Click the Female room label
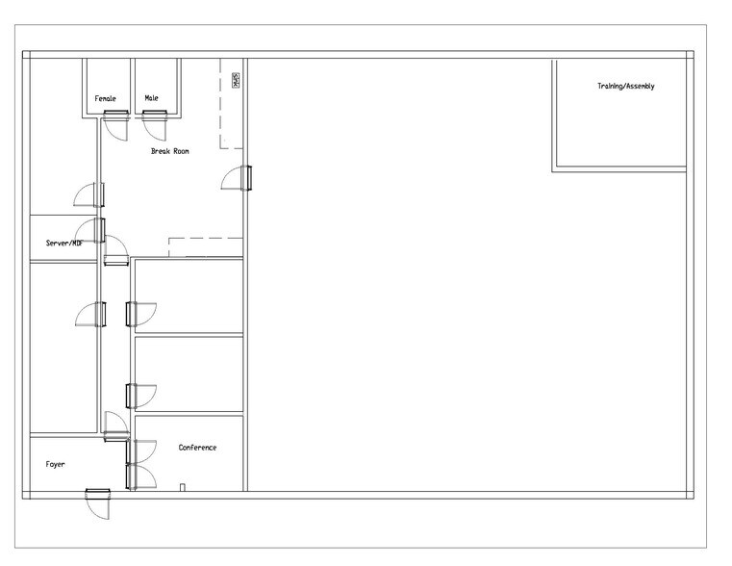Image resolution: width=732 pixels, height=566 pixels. point(105,98)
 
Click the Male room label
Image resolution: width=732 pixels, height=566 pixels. point(152,98)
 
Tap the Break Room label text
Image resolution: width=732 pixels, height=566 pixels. point(169,151)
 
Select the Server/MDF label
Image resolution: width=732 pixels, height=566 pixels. point(63,244)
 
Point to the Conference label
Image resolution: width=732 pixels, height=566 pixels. point(197,448)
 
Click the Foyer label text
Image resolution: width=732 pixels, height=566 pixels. point(56,464)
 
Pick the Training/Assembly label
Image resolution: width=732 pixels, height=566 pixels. point(625,87)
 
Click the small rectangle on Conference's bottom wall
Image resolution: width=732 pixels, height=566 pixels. point(182,487)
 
